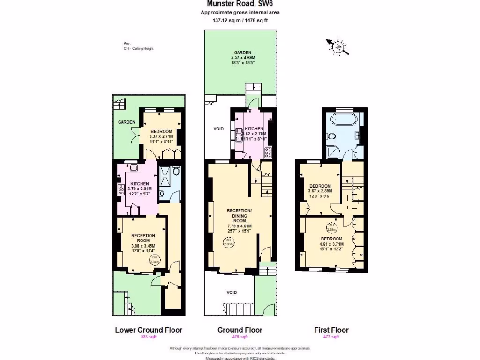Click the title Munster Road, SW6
(240, 4)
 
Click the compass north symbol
(337, 46)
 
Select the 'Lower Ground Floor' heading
(149, 330)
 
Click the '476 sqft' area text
(240, 337)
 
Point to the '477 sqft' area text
(331, 337)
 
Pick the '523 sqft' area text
(148, 337)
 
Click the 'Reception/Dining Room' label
(240, 215)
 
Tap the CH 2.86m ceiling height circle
(228, 243)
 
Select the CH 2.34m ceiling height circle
(154, 260)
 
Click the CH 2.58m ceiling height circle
(332, 227)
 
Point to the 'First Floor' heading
(331, 330)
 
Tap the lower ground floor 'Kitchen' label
(139, 184)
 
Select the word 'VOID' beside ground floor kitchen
(218, 128)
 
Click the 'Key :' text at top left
(127, 44)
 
